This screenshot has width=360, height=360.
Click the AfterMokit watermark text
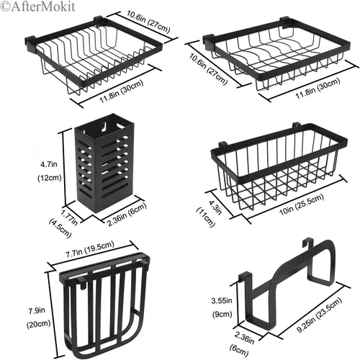(37, 6)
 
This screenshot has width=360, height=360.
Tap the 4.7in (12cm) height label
(50, 171)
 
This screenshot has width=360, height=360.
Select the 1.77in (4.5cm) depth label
(63, 223)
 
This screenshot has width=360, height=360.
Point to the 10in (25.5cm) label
(302, 204)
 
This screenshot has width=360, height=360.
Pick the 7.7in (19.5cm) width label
(89, 250)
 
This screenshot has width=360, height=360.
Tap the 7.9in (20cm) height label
(38, 318)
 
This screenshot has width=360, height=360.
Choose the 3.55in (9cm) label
(222, 307)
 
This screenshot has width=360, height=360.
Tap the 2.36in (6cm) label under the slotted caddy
(126, 215)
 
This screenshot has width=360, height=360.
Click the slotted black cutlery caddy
(104, 163)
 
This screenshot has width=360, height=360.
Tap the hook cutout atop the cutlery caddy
(104, 126)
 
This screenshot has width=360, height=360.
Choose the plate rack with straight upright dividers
(94, 55)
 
